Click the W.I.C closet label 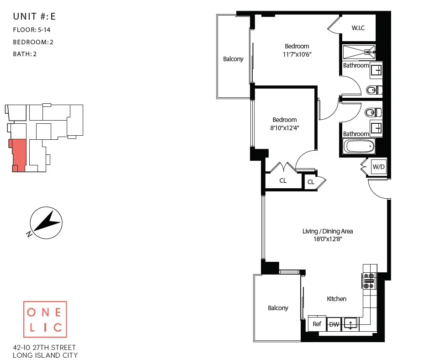[358, 28]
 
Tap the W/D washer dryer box [378, 167]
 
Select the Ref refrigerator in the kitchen [317, 324]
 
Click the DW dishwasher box [334, 324]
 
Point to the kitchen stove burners [368, 281]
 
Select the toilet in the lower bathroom [371, 111]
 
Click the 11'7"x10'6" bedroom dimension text [297, 54]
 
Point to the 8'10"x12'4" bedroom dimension [285, 128]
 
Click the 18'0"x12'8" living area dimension [328, 239]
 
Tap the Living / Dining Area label [328, 231]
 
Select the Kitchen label [336, 299]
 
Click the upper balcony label [233, 59]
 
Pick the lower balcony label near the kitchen [278, 308]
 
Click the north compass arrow [46, 222]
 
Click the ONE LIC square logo [45, 319]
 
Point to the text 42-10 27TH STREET [45, 348]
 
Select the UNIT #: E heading [34, 17]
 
